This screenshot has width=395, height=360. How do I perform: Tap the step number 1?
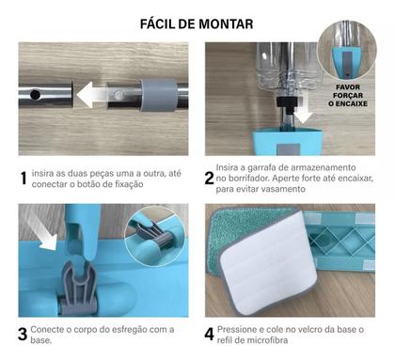point(24,178)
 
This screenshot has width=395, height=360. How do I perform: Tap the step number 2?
point(211,178)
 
